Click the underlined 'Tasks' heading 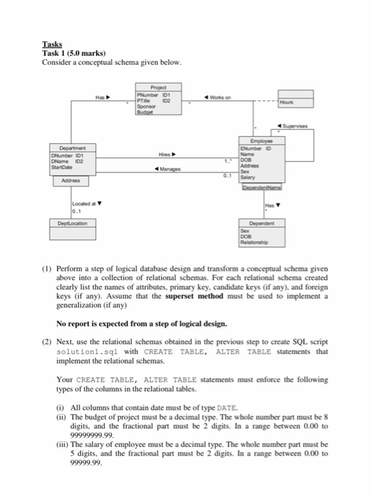click(x=53, y=44)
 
